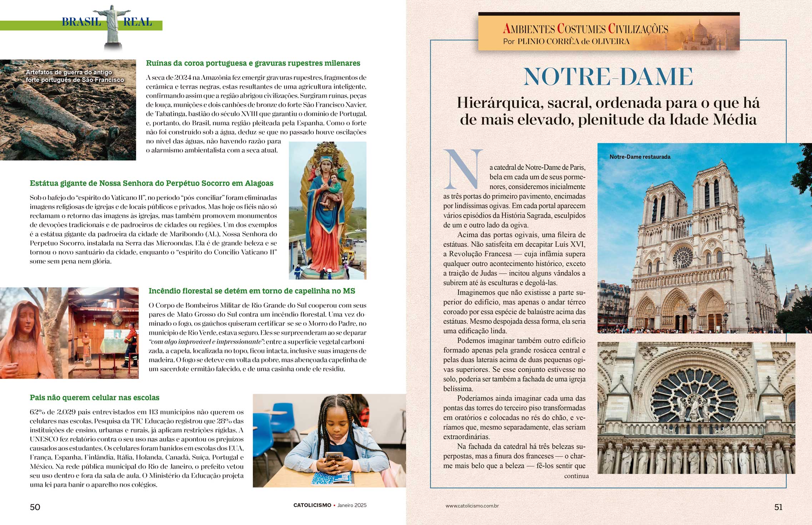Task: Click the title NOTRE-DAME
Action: [x=608, y=77]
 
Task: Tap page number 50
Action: [x=35, y=507]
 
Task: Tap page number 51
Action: [x=778, y=507]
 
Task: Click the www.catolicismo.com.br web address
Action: [x=472, y=506]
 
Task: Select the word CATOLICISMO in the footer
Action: [x=312, y=505]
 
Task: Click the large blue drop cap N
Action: [x=463, y=170]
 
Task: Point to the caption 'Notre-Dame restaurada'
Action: [x=640, y=157]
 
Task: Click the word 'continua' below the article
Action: [x=576, y=476]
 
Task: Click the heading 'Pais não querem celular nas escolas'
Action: [x=95, y=398]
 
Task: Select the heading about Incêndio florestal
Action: [x=252, y=291]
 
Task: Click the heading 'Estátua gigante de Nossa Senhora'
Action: [x=151, y=183]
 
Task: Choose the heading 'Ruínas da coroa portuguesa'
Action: [x=253, y=63]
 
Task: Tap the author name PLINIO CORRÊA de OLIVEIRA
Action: [x=573, y=41]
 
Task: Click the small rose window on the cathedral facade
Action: [x=682, y=257]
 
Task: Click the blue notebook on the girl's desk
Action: [x=332, y=478]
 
